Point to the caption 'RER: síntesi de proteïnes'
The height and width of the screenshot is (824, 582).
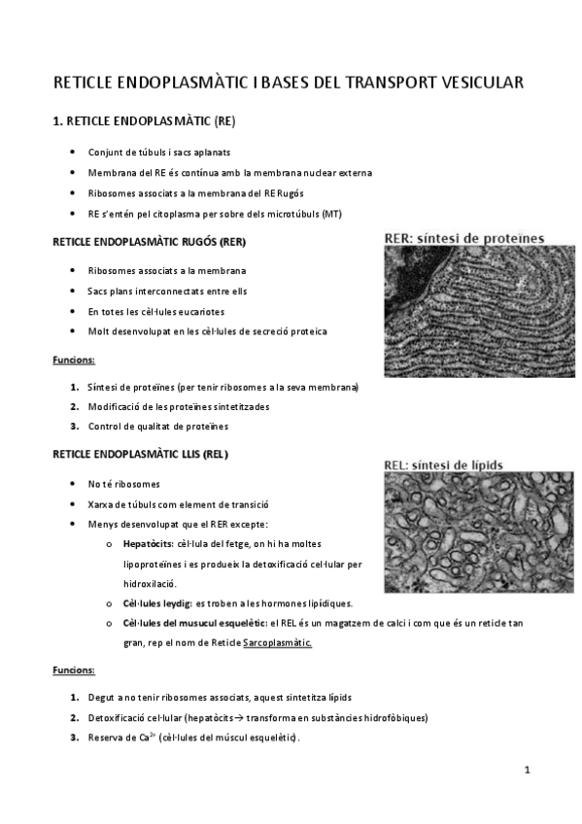[464, 237]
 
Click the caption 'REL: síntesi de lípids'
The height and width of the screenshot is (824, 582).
[444, 464]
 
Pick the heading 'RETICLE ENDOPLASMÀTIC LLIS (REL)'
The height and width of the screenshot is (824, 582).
[141, 454]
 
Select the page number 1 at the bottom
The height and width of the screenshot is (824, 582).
[526, 772]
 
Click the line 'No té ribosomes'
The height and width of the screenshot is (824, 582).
[123, 484]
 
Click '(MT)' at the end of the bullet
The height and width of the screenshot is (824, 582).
[332, 213]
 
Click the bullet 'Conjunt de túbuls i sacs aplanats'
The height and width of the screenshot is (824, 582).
[158, 152]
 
